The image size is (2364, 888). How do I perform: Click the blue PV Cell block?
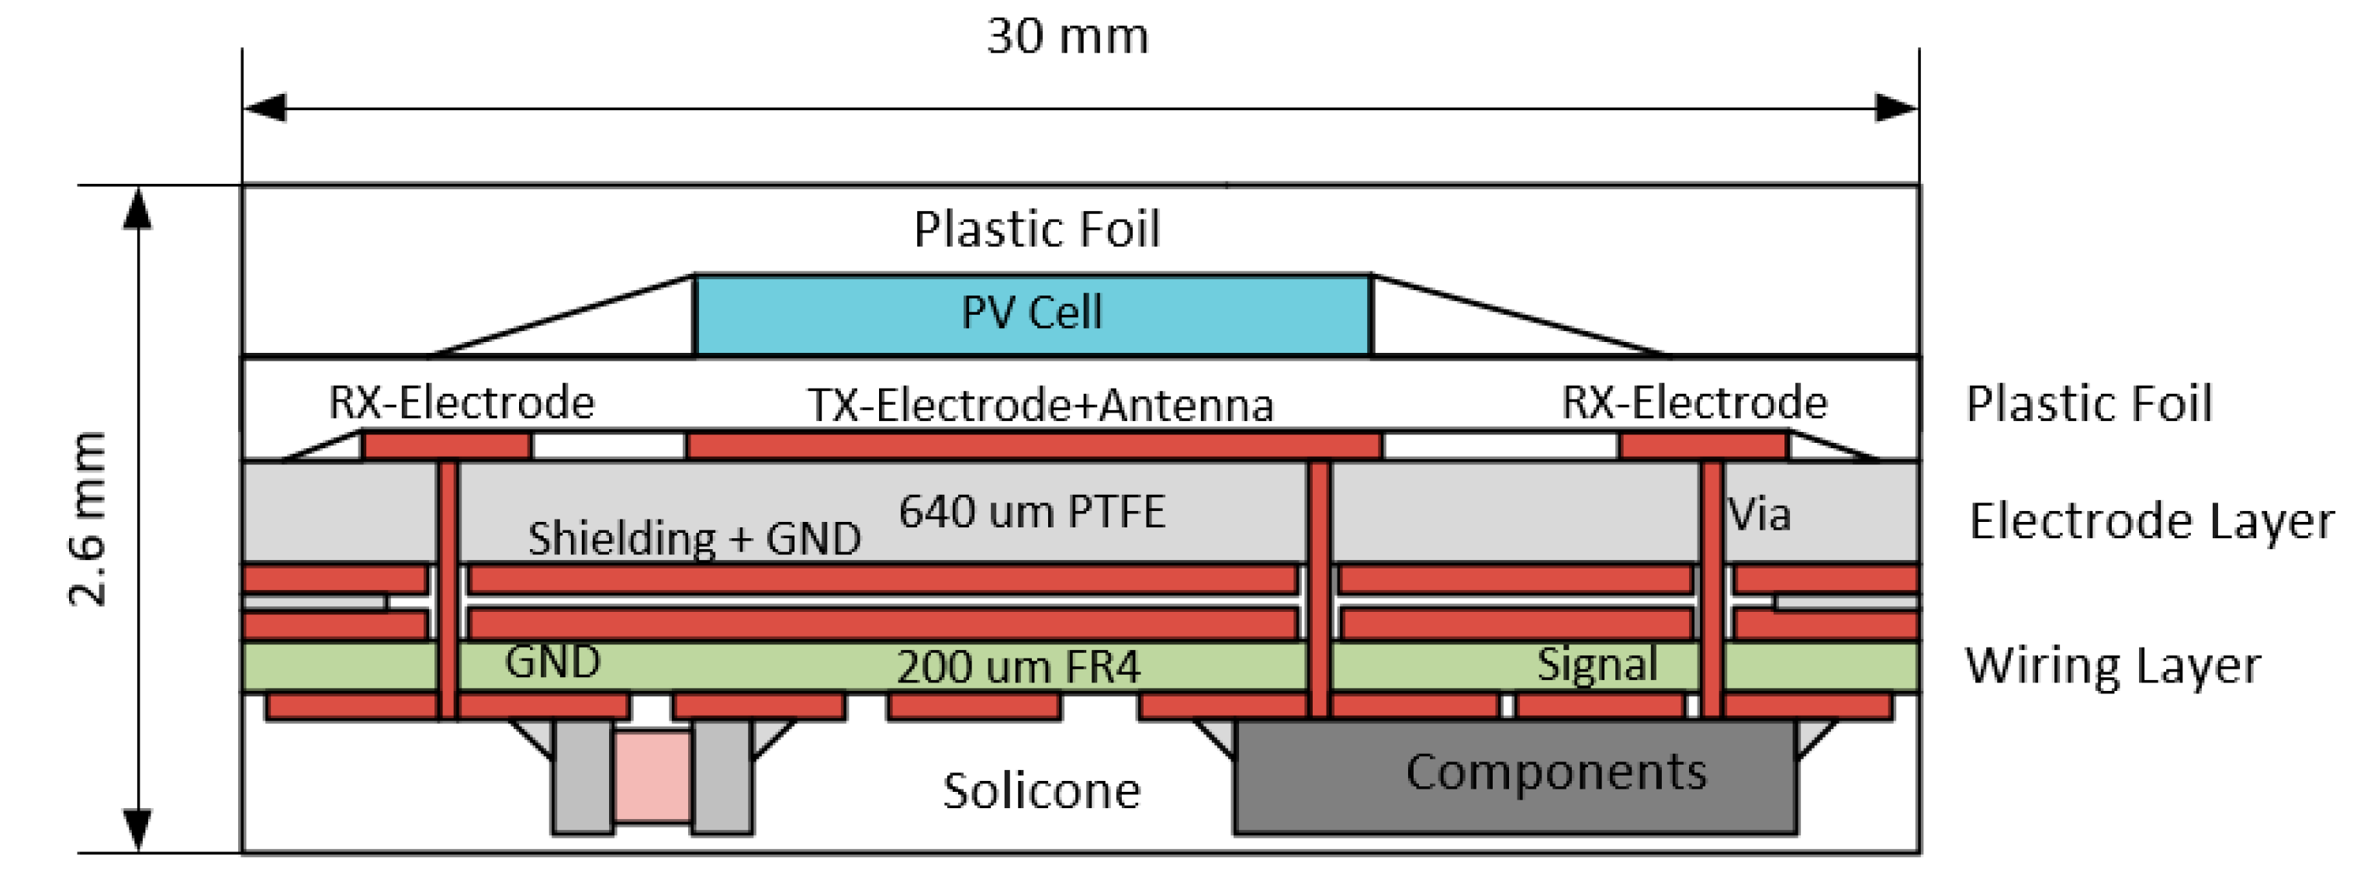click(1032, 315)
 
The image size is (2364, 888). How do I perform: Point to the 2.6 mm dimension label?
click(89, 518)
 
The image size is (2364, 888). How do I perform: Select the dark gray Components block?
click(1514, 776)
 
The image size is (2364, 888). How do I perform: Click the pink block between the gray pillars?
click(652, 776)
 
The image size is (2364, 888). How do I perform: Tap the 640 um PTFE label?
click(1032, 512)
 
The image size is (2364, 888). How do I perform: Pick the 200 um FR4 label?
click(1018, 667)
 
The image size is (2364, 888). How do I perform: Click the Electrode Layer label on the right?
click(2151, 522)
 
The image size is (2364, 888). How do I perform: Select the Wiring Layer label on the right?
click(2113, 666)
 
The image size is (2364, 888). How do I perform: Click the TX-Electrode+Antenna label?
click(1040, 406)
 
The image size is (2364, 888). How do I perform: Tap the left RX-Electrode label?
click(462, 403)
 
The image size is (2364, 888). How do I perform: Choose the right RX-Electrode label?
click(1694, 403)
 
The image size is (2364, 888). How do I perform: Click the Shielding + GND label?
click(694, 538)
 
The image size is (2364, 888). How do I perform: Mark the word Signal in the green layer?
click(1597, 664)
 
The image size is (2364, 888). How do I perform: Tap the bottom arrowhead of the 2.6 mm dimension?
click(137, 830)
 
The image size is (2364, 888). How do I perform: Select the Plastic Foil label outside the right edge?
click(2089, 403)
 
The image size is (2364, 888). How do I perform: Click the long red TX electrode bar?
click(1034, 446)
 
